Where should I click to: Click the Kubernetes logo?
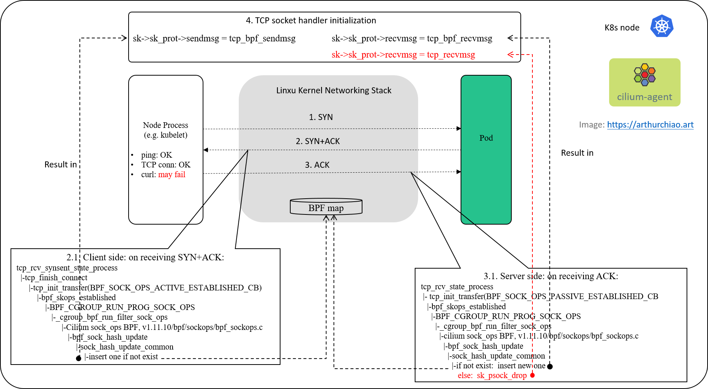[x=662, y=26]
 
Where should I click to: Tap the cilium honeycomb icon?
[x=644, y=74]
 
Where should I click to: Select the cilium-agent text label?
[x=644, y=97]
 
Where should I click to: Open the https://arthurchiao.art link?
[x=650, y=125]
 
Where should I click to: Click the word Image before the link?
[x=591, y=125]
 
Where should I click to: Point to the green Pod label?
[x=486, y=138]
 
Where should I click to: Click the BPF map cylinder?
[x=326, y=207]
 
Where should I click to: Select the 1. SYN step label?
[x=321, y=117]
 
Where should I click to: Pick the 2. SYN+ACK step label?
[x=318, y=141]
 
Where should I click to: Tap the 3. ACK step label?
[x=317, y=165]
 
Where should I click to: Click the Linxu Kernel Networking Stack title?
[x=334, y=90]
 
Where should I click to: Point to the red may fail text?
[x=172, y=175]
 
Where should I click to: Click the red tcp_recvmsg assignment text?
[x=403, y=55]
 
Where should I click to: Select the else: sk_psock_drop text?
[x=492, y=375]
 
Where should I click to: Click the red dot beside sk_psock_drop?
[x=532, y=375]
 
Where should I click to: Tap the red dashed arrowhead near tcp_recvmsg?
[x=510, y=55]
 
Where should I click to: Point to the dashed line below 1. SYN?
[x=328, y=129]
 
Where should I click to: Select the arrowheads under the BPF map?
[x=330, y=218]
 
